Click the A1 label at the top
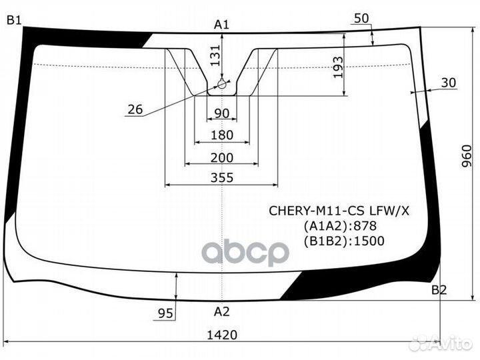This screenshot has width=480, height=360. (x=221, y=25)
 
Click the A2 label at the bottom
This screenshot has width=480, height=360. (x=221, y=311)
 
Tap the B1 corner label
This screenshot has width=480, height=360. (x=14, y=21)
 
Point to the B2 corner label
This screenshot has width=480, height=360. (x=439, y=289)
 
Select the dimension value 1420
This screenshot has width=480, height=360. (x=221, y=335)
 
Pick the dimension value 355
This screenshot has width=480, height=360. (x=221, y=177)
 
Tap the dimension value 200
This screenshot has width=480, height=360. (x=221, y=157)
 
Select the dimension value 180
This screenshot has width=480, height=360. (x=221, y=135)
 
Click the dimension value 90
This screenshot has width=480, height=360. (x=221, y=114)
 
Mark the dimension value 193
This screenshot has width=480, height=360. (x=338, y=67)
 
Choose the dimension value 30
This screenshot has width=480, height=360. (x=449, y=83)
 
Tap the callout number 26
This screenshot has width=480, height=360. (x=135, y=109)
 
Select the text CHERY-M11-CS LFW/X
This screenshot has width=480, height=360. (x=339, y=211)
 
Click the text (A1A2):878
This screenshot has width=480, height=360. (x=339, y=226)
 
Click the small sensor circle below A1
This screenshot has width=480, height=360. (x=222, y=85)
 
